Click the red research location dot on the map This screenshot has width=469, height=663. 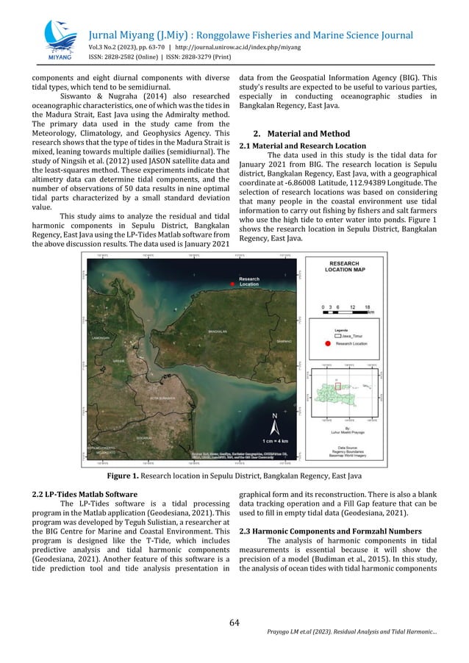(x=232, y=284)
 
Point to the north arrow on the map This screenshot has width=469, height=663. (x=275, y=423)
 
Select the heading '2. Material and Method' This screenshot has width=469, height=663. (x=301, y=135)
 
